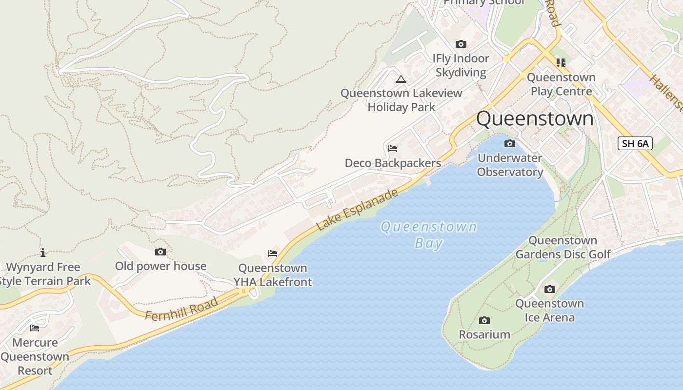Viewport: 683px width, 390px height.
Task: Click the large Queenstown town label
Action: point(535,119)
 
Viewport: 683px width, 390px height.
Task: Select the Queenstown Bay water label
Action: point(428,234)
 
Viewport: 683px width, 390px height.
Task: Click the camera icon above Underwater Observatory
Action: point(510,143)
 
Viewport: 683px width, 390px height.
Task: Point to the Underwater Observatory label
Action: point(510,165)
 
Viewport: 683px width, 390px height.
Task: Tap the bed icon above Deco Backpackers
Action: point(393,149)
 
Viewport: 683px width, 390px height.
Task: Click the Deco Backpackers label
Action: point(393,163)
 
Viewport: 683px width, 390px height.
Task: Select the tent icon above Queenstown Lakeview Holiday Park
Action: point(401,79)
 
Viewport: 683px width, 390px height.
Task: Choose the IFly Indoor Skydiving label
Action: point(461,65)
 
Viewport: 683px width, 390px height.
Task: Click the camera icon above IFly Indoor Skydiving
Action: point(461,44)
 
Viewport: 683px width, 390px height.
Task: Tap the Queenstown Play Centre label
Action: point(561,84)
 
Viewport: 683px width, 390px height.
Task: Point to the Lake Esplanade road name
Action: point(357,210)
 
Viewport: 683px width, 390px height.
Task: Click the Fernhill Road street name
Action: point(181,309)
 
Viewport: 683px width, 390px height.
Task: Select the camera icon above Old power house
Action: point(160,252)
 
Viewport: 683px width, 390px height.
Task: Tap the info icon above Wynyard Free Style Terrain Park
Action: point(43,253)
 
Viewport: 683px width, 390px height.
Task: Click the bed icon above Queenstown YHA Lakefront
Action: point(273,253)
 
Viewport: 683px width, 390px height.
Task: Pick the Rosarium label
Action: point(484,334)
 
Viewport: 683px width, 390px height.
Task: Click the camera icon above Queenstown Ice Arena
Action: point(550,290)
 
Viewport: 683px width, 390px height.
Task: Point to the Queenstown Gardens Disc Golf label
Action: point(563,247)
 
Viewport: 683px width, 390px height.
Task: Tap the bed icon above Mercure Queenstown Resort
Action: point(35,328)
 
